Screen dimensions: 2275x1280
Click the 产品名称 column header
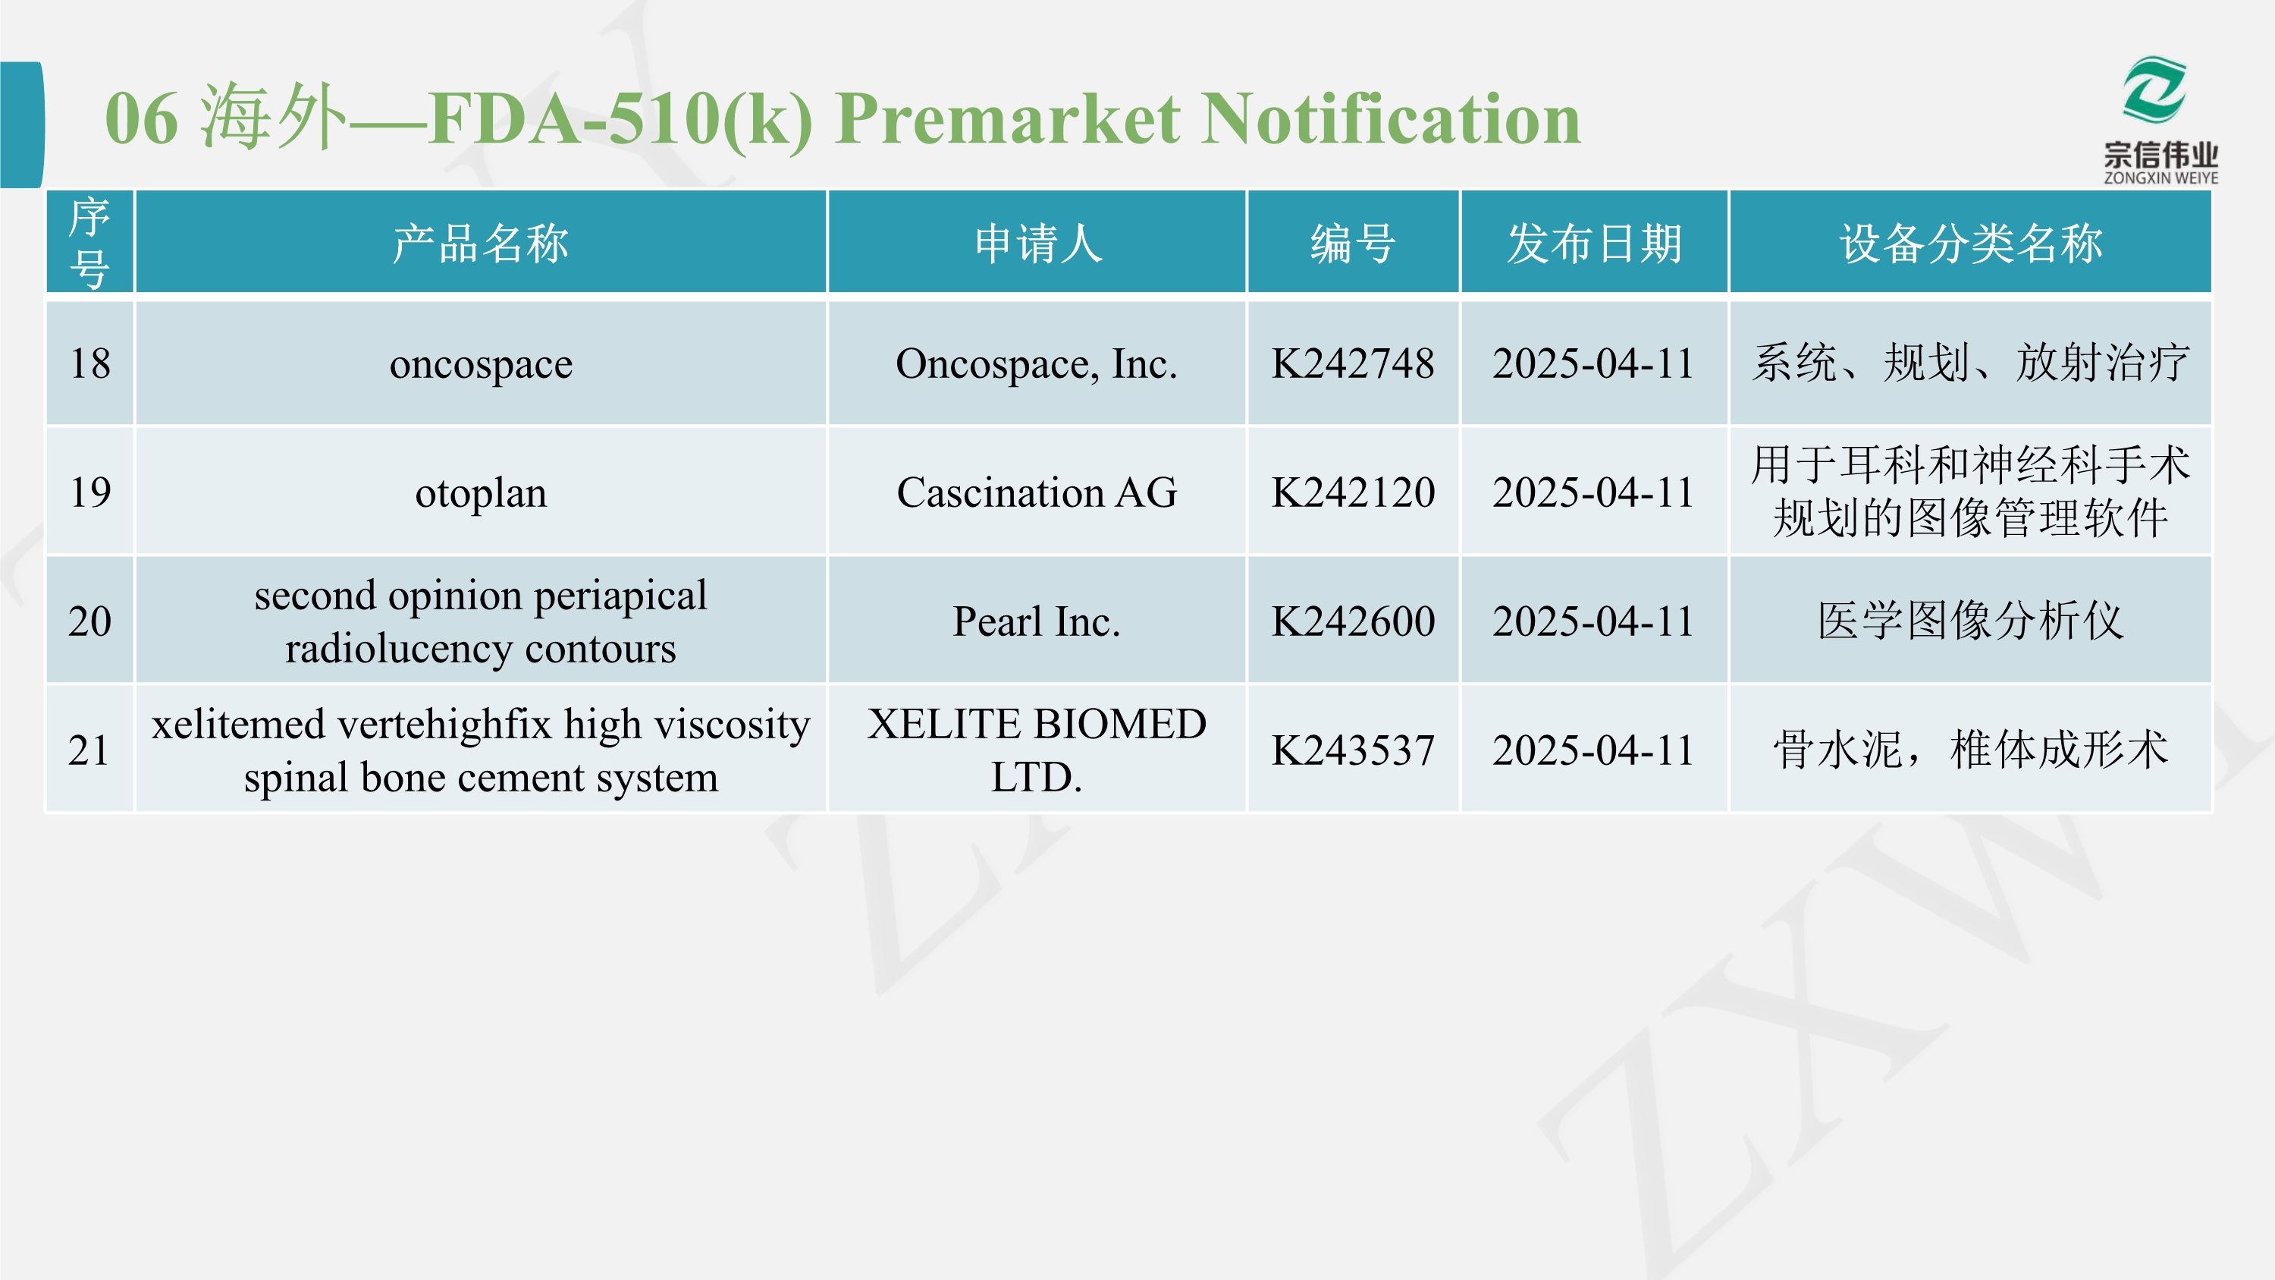481,243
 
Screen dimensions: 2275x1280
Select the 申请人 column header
1037,243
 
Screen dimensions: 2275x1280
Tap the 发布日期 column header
1594,243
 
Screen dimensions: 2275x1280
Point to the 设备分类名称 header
1970,243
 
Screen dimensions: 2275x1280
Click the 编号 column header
1353,243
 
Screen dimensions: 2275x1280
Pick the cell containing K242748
1353,363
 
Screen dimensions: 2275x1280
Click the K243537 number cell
1353,750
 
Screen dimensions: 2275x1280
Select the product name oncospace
481,364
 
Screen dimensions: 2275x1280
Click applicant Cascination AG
1037,492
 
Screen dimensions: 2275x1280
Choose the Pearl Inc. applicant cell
1037,621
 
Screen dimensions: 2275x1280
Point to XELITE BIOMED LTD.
1037,750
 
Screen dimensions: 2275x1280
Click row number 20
90,621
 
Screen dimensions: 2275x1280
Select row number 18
90,363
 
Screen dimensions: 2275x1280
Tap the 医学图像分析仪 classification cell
1970,621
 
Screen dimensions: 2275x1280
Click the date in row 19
1594,492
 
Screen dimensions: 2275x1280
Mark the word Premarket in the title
1008,119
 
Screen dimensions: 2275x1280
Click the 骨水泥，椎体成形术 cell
1970,750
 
